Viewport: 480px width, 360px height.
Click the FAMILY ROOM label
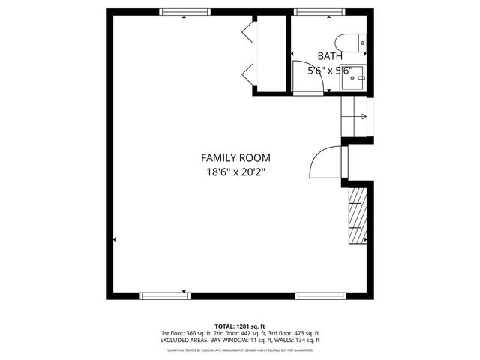[235, 157]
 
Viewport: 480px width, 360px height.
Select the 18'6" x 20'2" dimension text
[235, 172]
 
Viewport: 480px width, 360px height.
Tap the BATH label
[330, 56]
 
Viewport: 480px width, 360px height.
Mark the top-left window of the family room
[184, 12]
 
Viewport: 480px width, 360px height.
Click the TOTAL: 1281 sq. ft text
[240, 326]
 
